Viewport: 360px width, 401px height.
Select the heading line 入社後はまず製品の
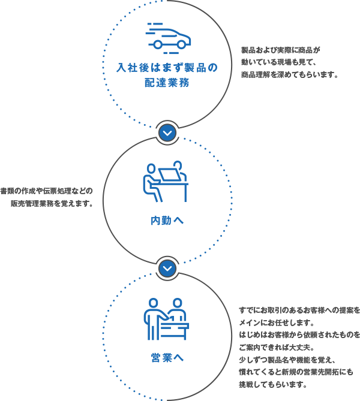point(167,67)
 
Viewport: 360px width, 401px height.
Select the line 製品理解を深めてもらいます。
point(290,76)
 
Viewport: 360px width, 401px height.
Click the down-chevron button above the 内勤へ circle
point(167,132)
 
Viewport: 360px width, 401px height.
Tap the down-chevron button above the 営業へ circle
point(167,268)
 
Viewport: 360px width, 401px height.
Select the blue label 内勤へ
point(167,221)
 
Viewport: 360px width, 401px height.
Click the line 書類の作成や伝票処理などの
point(47,191)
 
